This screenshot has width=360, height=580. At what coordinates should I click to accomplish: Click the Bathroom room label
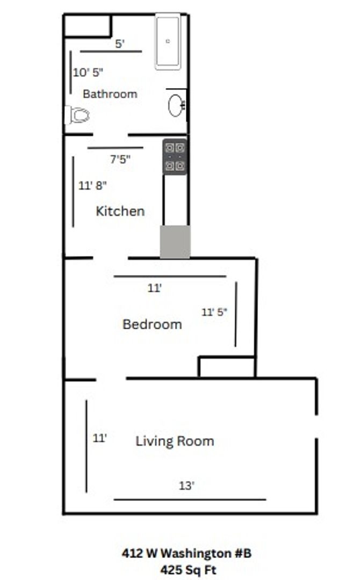click(x=110, y=94)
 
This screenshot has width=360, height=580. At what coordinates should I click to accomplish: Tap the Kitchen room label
click(x=120, y=211)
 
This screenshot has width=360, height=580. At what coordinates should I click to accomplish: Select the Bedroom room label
click(x=152, y=324)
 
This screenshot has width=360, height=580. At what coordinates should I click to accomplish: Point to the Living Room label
click(x=175, y=441)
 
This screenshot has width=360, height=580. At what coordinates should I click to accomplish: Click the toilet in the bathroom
click(x=77, y=115)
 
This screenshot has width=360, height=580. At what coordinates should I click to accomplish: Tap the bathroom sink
click(x=176, y=105)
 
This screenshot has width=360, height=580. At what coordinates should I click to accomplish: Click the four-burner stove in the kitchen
click(x=175, y=157)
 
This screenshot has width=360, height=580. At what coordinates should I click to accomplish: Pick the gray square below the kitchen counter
click(x=175, y=242)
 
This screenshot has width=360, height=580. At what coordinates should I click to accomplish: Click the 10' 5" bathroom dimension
click(x=88, y=73)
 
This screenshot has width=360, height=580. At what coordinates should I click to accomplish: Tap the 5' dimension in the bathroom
click(x=119, y=44)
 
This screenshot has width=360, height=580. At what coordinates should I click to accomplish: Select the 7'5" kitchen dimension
click(x=120, y=160)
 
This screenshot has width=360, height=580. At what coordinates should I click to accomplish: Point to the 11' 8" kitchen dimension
click(x=92, y=185)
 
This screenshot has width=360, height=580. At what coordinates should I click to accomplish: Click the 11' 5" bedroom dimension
click(x=214, y=312)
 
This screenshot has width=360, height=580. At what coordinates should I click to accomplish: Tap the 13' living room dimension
click(x=187, y=485)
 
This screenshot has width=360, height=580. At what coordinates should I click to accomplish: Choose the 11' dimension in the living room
click(x=99, y=438)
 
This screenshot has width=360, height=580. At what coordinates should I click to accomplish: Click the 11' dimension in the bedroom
click(x=155, y=288)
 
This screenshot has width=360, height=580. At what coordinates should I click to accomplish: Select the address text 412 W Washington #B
click(x=187, y=553)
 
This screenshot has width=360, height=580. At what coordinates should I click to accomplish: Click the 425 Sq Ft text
click(x=188, y=570)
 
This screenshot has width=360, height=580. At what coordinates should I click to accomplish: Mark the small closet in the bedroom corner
click(x=227, y=367)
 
